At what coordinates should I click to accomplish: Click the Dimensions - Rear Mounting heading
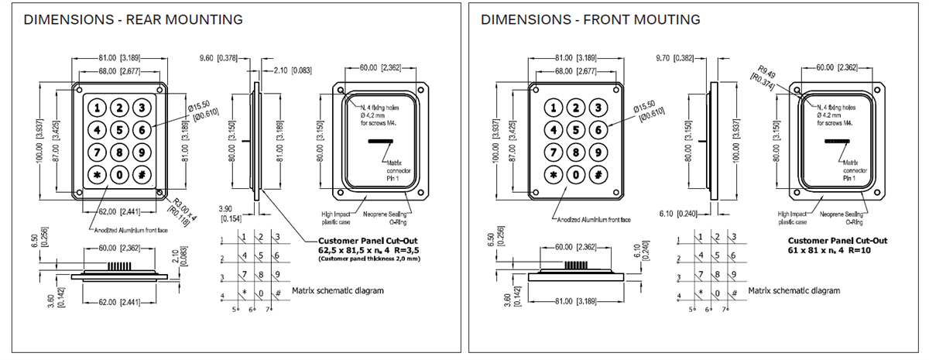tap(133, 19)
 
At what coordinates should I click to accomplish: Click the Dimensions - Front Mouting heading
tap(590, 19)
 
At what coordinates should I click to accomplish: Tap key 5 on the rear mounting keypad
tap(120, 130)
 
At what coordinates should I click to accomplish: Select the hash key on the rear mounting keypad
tap(142, 174)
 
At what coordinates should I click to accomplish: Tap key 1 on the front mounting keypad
tap(554, 108)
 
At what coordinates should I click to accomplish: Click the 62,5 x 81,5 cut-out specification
tap(371, 251)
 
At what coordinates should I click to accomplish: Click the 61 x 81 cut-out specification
tap(825, 251)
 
